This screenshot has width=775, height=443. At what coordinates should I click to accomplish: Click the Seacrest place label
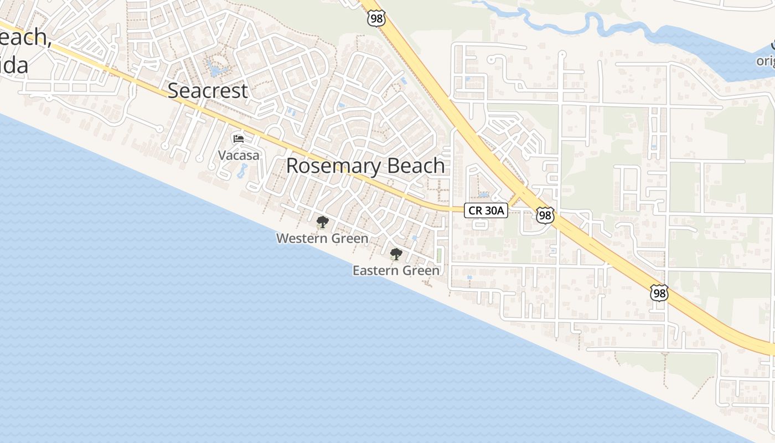click(x=208, y=91)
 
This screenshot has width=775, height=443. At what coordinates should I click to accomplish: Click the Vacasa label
click(x=239, y=155)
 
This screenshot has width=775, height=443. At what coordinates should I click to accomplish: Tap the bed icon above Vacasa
click(x=239, y=138)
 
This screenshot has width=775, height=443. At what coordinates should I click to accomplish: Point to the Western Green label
click(x=322, y=239)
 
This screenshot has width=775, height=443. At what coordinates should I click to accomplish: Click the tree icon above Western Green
click(x=322, y=223)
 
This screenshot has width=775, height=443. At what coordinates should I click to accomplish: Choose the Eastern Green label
click(x=396, y=271)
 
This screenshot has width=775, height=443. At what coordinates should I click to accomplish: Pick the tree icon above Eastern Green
click(x=396, y=254)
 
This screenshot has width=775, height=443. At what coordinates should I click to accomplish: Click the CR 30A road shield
click(x=485, y=210)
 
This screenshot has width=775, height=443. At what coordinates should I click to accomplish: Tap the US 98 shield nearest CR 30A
click(x=545, y=215)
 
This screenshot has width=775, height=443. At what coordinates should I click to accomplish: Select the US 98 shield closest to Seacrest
click(x=375, y=18)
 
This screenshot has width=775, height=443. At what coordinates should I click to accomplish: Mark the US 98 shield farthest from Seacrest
click(x=659, y=293)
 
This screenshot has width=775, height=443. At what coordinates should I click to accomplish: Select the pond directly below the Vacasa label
click(x=242, y=171)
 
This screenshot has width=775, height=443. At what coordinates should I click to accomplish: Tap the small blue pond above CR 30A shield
click(x=484, y=195)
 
